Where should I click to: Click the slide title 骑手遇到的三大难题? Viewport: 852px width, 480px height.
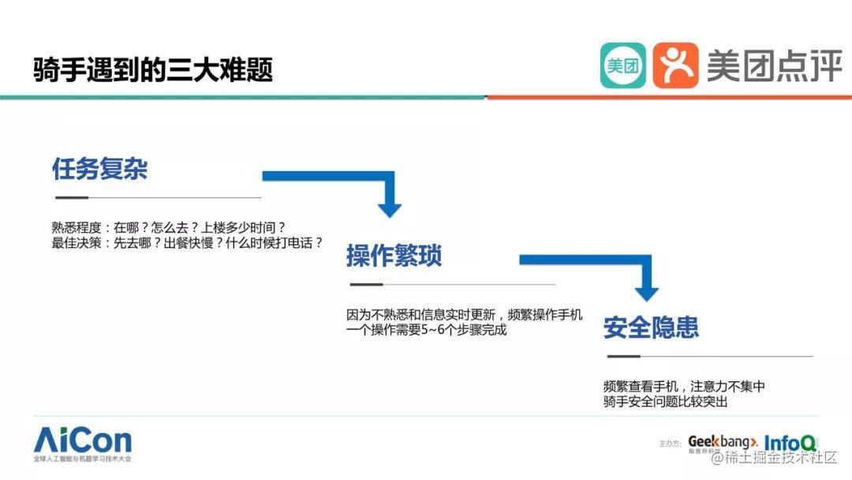pyautogui.click(x=153, y=69)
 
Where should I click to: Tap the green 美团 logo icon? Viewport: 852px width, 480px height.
pyautogui.click(x=622, y=66)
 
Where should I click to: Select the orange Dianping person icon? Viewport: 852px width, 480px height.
pyautogui.click(x=675, y=66)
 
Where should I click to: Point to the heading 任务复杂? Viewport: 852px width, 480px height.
pyautogui.click(x=99, y=169)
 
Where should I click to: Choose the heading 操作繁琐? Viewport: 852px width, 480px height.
pyautogui.click(x=394, y=256)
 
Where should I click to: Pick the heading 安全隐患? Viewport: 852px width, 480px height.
pyautogui.click(x=651, y=328)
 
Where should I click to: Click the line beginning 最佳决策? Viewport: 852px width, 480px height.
pyautogui.click(x=187, y=243)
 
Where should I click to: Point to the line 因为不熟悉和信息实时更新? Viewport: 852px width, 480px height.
pyautogui.click(x=465, y=315)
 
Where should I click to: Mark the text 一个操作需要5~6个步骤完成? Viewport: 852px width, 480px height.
pyautogui.click(x=426, y=331)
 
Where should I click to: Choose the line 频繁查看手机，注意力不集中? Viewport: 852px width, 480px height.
pyautogui.click(x=684, y=387)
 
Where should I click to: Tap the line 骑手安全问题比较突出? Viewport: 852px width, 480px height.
pyautogui.click(x=664, y=403)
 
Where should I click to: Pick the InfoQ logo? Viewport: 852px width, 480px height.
pyautogui.click(x=790, y=441)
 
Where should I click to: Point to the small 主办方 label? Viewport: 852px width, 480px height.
pyautogui.click(x=671, y=445)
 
